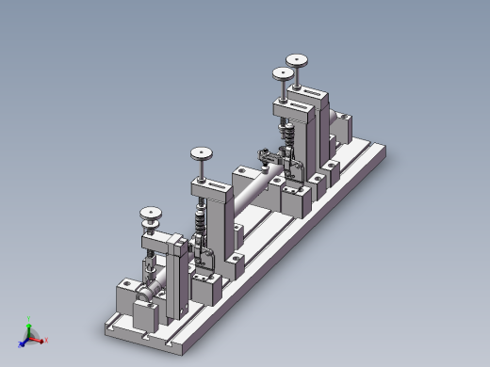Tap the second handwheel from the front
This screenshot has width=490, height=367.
click(x=200, y=153)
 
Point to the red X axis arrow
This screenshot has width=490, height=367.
click(x=41, y=339)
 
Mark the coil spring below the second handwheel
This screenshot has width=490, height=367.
click(x=200, y=226)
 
